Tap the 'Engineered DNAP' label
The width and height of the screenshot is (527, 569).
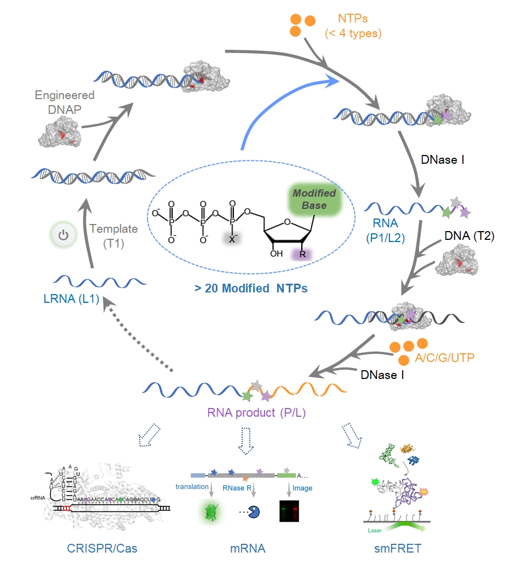65,102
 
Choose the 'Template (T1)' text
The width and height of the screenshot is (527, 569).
114,235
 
